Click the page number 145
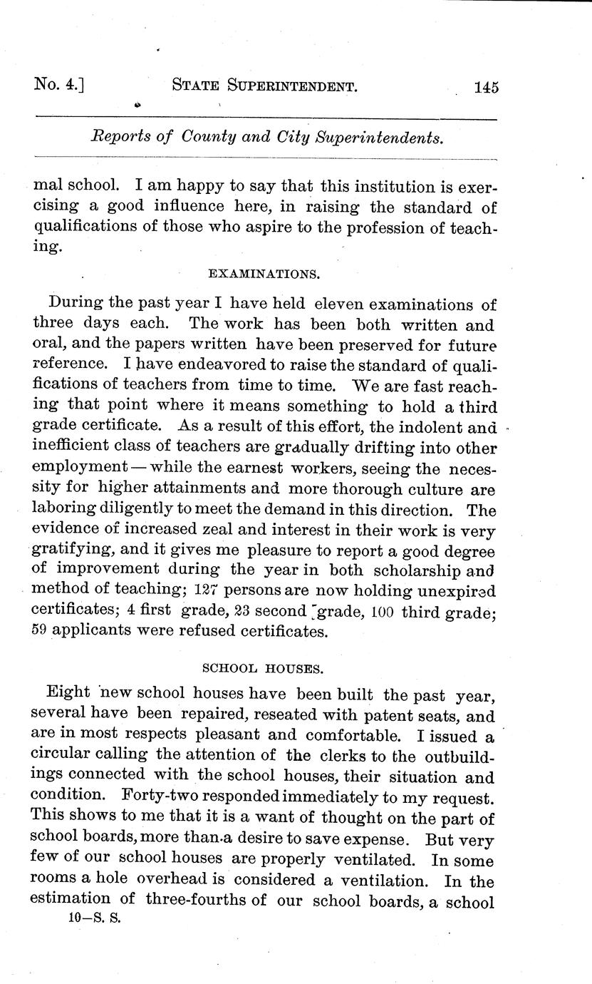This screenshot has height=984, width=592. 484,88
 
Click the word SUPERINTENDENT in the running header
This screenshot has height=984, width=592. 291,87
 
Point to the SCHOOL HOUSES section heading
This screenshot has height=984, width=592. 264,668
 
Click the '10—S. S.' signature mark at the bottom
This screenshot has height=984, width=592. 95,919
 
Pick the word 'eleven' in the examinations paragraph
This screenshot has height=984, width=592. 343,304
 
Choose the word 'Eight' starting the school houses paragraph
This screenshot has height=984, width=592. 68,693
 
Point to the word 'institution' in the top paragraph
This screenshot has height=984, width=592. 368,187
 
